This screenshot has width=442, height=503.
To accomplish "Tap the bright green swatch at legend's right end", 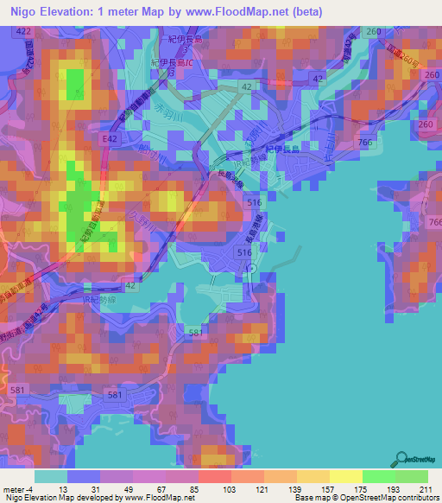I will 411,475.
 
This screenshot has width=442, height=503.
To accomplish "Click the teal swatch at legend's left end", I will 50,475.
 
